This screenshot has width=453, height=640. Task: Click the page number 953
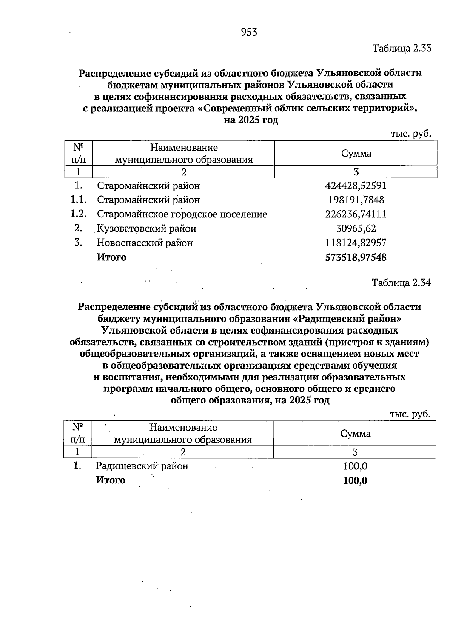tap(249, 32)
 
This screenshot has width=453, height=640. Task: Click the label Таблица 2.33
tap(402, 48)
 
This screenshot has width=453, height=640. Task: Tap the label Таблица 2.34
tap(401, 283)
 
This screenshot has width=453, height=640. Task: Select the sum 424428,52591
tap(356, 186)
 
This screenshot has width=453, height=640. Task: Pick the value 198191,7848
tap(356, 200)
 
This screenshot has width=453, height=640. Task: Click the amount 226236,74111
tap(356, 214)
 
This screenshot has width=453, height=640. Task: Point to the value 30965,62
tap(356, 228)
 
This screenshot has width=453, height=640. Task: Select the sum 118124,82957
tap(356, 243)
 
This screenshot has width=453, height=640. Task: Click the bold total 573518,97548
tap(356, 257)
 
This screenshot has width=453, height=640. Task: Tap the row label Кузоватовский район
tap(146, 228)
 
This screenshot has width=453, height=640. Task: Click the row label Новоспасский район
tap(145, 243)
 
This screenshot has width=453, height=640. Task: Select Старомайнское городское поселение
tap(182, 214)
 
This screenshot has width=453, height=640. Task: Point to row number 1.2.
tap(79, 214)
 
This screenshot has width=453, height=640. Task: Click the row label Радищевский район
tap(142, 466)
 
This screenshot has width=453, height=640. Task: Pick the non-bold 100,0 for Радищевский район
tap(355, 466)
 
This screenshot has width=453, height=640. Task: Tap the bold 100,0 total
tap(355, 481)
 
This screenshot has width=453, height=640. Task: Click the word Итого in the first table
tap(111, 257)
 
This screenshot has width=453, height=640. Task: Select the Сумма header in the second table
tap(355, 434)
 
